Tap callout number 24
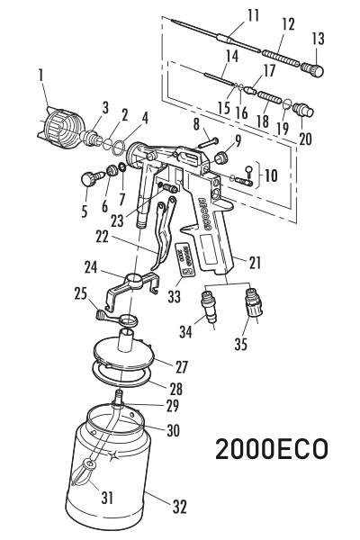(x=91, y=266)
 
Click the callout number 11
(x=253, y=15)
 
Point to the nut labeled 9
(x=219, y=159)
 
